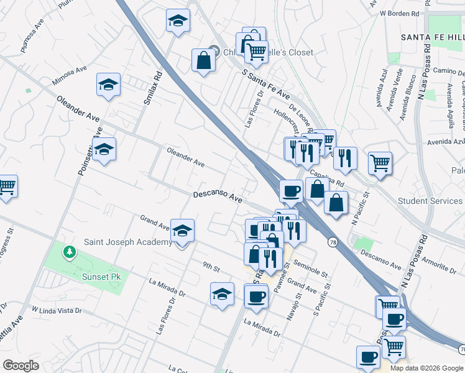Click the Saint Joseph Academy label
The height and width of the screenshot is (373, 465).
[127, 242]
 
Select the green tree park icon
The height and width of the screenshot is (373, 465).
[69, 252]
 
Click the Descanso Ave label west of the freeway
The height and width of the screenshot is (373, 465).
[217, 196]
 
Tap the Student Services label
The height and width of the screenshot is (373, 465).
[430, 201]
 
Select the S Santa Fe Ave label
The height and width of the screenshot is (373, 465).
[266, 86]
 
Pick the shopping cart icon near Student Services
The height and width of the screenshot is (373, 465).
[380, 163]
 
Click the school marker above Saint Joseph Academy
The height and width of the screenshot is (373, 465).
[182, 231]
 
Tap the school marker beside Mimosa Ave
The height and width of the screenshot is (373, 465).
[108, 85]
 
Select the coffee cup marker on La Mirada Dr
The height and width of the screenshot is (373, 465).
[256, 295]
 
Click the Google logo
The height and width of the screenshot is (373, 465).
[21, 365]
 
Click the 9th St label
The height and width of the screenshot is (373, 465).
[211, 268]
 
